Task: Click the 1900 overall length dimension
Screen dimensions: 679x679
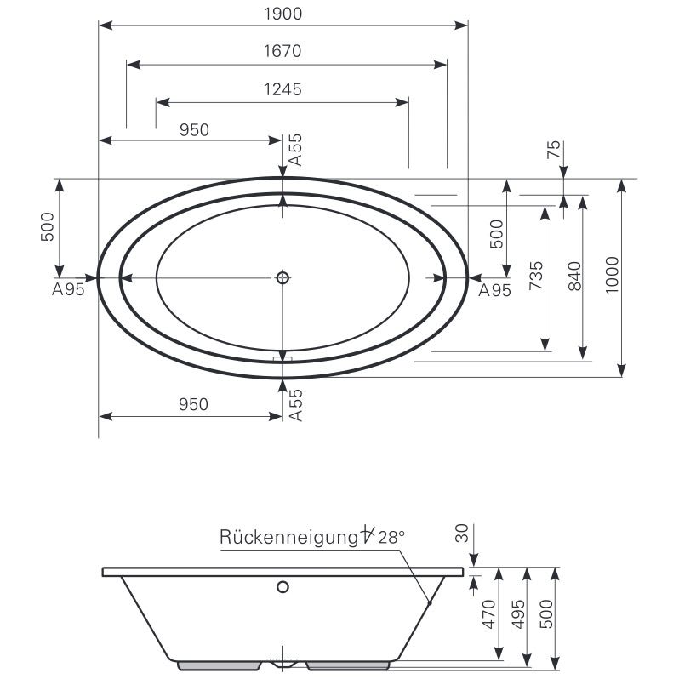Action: [x=283, y=14]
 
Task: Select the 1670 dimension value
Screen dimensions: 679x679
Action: [x=282, y=51]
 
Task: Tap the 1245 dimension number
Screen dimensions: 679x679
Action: [x=282, y=89]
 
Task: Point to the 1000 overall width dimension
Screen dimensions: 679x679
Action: [x=613, y=275]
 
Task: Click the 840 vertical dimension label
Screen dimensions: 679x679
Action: [x=574, y=276]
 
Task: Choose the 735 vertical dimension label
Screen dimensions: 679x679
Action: [x=536, y=276]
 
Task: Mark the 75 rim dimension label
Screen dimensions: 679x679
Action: [x=554, y=150]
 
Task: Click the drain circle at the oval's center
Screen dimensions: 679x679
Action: [x=282, y=277]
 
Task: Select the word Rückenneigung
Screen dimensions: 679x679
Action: [x=288, y=538]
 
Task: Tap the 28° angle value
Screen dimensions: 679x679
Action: [x=391, y=538]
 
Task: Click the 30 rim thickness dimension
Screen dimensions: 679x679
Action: [x=462, y=533]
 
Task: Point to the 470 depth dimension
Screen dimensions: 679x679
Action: [x=489, y=614]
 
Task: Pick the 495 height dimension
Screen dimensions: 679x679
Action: [x=518, y=614]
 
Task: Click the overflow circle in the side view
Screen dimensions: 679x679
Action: [x=282, y=587]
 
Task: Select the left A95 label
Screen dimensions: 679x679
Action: [x=68, y=289]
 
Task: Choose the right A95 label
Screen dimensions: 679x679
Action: [x=494, y=290]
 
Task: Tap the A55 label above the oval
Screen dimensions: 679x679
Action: [x=295, y=150]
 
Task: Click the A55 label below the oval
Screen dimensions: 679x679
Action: [x=296, y=405]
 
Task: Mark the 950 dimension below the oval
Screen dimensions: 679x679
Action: [x=193, y=404]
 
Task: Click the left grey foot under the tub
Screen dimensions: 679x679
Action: [x=220, y=665]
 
